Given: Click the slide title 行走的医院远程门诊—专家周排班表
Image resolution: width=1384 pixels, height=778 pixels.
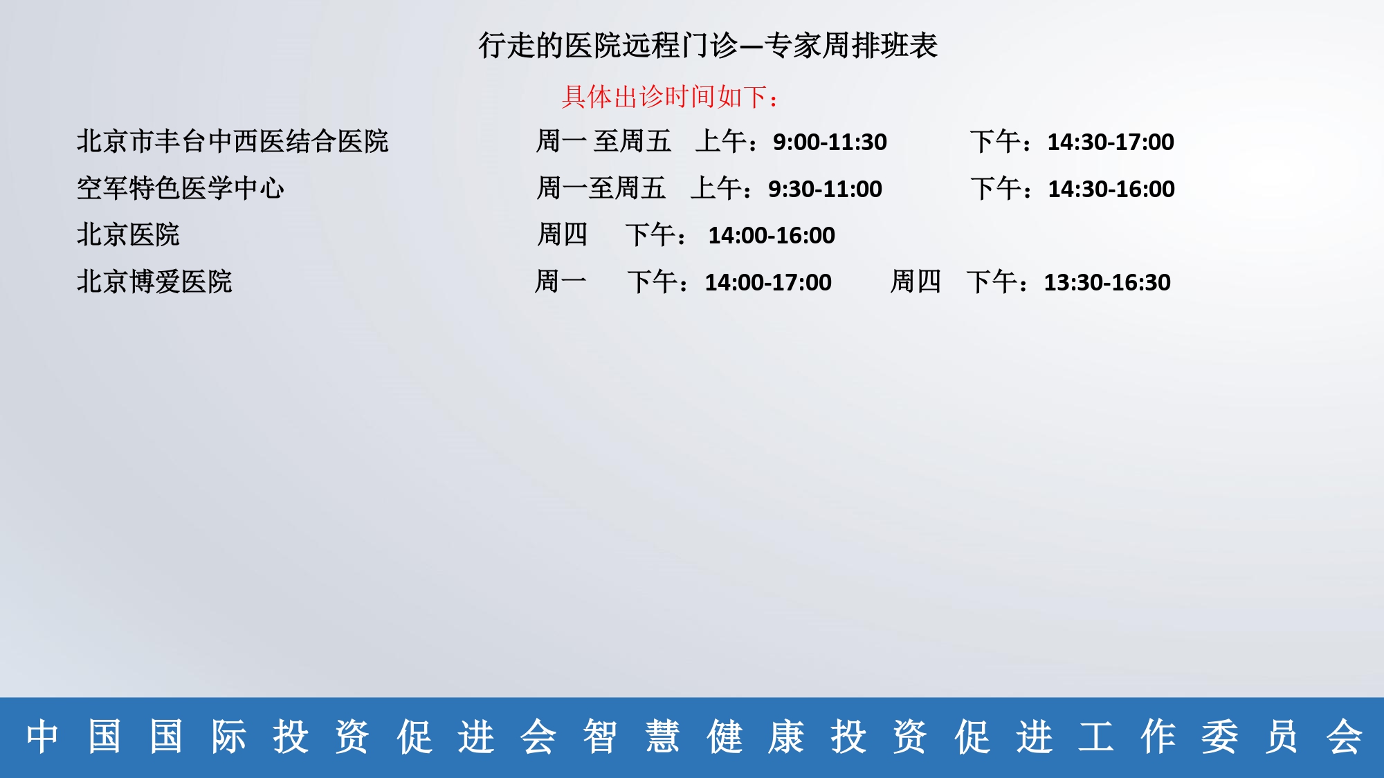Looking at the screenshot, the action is tap(708, 46).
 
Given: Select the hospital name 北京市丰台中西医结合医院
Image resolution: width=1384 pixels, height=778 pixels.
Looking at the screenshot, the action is tap(233, 142).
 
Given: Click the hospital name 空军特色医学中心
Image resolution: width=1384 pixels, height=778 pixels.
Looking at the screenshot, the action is tap(180, 188).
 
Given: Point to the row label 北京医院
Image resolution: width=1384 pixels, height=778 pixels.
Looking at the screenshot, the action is tap(128, 235).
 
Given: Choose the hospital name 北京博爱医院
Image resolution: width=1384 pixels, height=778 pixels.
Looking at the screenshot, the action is tap(154, 282).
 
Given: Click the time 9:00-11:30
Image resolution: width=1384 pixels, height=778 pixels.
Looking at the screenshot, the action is tap(830, 142).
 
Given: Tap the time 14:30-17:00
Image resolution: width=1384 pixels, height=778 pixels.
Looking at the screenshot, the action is tap(1111, 142).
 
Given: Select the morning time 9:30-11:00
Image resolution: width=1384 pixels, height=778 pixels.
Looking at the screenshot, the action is tap(825, 189).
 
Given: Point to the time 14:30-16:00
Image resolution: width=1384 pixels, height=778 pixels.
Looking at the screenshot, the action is tap(1111, 189).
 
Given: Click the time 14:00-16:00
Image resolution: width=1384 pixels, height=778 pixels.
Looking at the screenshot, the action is tap(772, 236).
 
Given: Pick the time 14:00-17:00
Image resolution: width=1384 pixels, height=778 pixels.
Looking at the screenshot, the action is tap(768, 283).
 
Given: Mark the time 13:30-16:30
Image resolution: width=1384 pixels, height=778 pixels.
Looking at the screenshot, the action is tap(1107, 283).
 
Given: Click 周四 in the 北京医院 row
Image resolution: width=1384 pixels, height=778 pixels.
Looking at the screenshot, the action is tap(562, 234).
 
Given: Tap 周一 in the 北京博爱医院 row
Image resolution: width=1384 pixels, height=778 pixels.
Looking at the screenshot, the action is tap(561, 281).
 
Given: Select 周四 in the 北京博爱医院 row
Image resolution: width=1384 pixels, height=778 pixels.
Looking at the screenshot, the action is tap(916, 281).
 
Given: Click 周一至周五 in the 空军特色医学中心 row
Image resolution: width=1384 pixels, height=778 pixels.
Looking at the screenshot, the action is tap(601, 188).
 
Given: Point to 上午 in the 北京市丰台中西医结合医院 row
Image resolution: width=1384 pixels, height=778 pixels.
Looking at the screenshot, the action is tap(720, 141).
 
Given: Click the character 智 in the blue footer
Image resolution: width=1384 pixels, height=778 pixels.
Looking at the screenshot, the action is tap(599, 737).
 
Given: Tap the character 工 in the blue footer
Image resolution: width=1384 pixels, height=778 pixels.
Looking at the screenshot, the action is tap(1095, 737).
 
